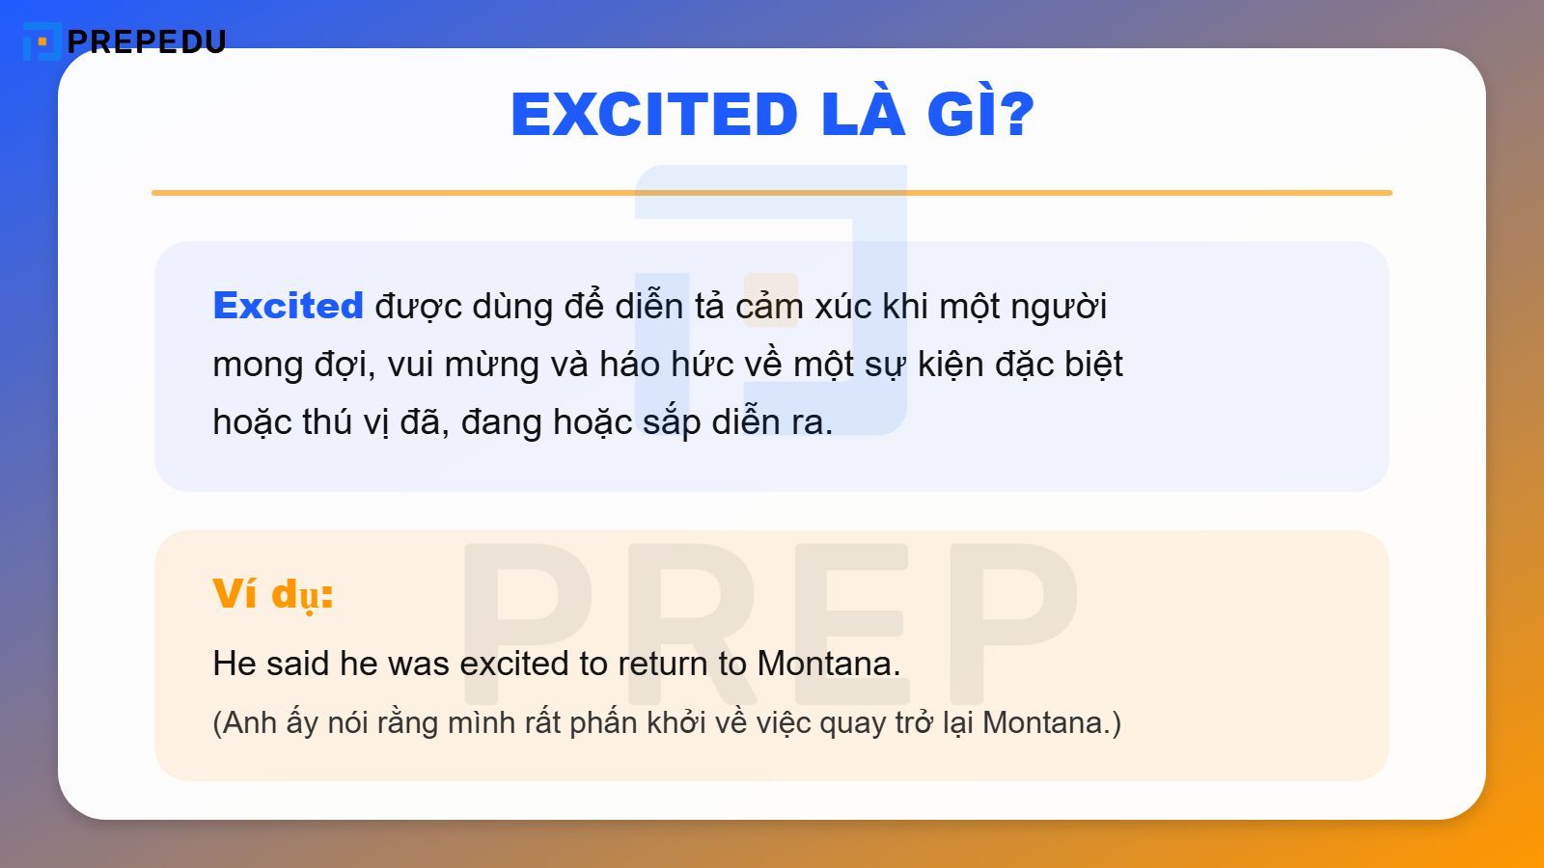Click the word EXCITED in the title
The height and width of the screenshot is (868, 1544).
(x=653, y=114)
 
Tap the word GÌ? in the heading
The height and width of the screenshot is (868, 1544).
(x=980, y=114)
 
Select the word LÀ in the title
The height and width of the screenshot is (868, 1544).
(x=863, y=114)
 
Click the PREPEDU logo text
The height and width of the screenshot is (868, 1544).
(x=147, y=41)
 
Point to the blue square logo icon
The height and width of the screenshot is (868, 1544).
(x=41, y=41)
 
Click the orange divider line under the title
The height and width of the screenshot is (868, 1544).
(x=772, y=193)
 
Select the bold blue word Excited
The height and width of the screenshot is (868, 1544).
(x=288, y=306)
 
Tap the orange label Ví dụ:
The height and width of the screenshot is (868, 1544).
(x=273, y=593)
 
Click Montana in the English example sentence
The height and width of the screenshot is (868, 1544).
(x=828, y=664)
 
